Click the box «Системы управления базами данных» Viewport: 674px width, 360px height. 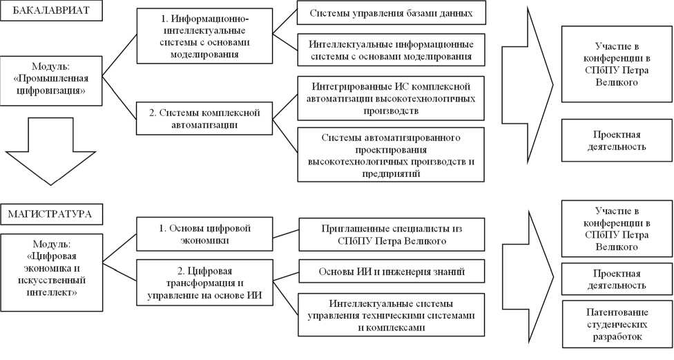click(x=391, y=14)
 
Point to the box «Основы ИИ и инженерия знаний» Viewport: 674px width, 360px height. click(x=390, y=272)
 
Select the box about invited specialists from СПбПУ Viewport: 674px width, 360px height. click(x=390, y=234)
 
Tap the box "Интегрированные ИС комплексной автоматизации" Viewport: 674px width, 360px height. click(x=391, y=98)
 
